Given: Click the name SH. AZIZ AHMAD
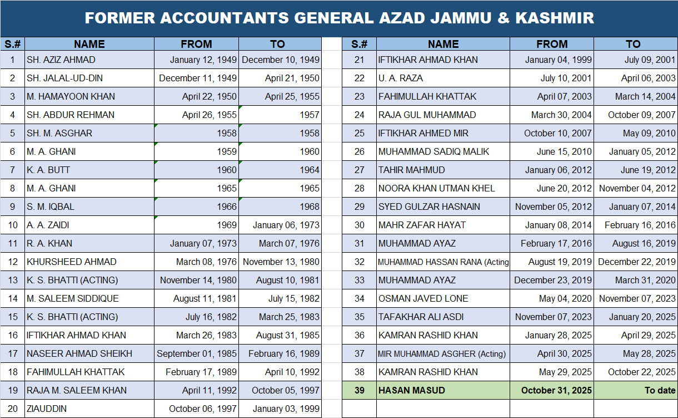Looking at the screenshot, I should (61, 60).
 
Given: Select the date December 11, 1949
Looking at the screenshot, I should (198, 78).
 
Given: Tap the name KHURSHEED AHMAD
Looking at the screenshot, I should (72, 262).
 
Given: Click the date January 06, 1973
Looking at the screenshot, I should (286, 225).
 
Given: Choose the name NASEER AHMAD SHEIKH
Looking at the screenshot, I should (79, 353).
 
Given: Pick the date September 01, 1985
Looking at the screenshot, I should (197, 353).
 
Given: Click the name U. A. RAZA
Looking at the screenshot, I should (401, 78).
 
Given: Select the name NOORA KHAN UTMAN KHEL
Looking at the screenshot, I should (436, 188).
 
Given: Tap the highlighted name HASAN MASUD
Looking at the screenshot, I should (412, 390).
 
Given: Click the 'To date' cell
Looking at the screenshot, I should (660, 390).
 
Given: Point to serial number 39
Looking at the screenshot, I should (360, 390).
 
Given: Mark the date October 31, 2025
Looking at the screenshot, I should (557, 390).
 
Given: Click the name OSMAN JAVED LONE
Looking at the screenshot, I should (423, 298).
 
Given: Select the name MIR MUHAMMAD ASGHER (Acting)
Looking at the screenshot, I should (442, 353).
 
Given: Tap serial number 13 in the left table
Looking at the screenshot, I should (12, 280).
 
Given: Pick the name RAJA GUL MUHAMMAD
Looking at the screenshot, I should (427, 115).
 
